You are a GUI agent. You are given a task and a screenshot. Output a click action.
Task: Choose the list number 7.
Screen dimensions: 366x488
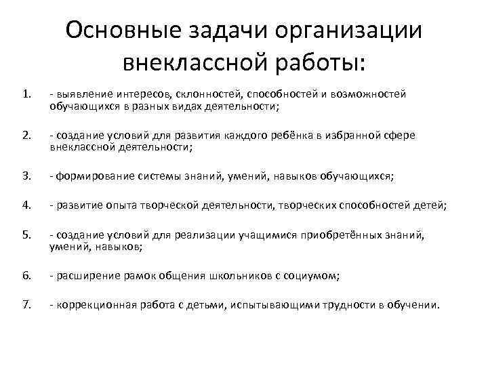tap(26, 305)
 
